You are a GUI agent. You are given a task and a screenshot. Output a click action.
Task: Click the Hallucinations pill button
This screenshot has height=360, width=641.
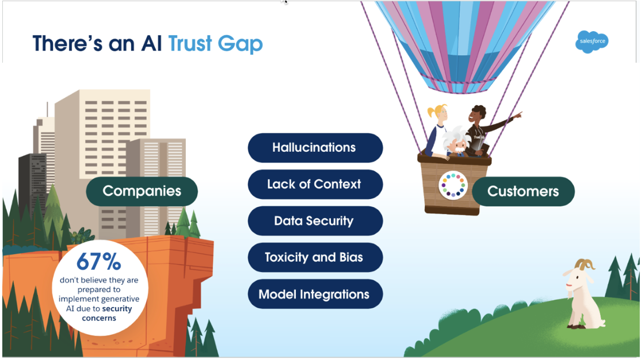pos(315,148)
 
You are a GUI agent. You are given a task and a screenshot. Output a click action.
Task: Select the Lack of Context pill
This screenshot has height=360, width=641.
pos(315,185)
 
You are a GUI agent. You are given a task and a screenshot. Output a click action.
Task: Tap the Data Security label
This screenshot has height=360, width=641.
pos(315,221)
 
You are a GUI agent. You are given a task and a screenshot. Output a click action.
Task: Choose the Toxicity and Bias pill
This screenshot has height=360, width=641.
pos(315,258)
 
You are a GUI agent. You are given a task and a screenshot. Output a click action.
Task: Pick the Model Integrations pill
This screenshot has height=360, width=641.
pos(315,294)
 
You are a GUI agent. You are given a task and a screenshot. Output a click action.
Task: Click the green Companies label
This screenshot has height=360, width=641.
pos(142,192)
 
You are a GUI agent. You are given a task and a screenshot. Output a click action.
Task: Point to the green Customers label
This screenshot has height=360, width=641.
pos(523,192)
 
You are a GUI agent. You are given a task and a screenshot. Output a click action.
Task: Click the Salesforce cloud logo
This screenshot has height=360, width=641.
pos(592,42)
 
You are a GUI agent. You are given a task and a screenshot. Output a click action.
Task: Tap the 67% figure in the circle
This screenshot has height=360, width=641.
pos(99,262)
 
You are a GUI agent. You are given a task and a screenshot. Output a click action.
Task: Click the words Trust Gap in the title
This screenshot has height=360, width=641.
pos(215,44)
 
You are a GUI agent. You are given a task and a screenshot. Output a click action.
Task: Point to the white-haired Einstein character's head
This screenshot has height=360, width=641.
pos(457,138)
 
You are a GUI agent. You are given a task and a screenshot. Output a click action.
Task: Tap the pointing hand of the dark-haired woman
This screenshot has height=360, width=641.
pos(518,115)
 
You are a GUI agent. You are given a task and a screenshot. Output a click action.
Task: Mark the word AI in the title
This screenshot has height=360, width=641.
pos(151,44)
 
